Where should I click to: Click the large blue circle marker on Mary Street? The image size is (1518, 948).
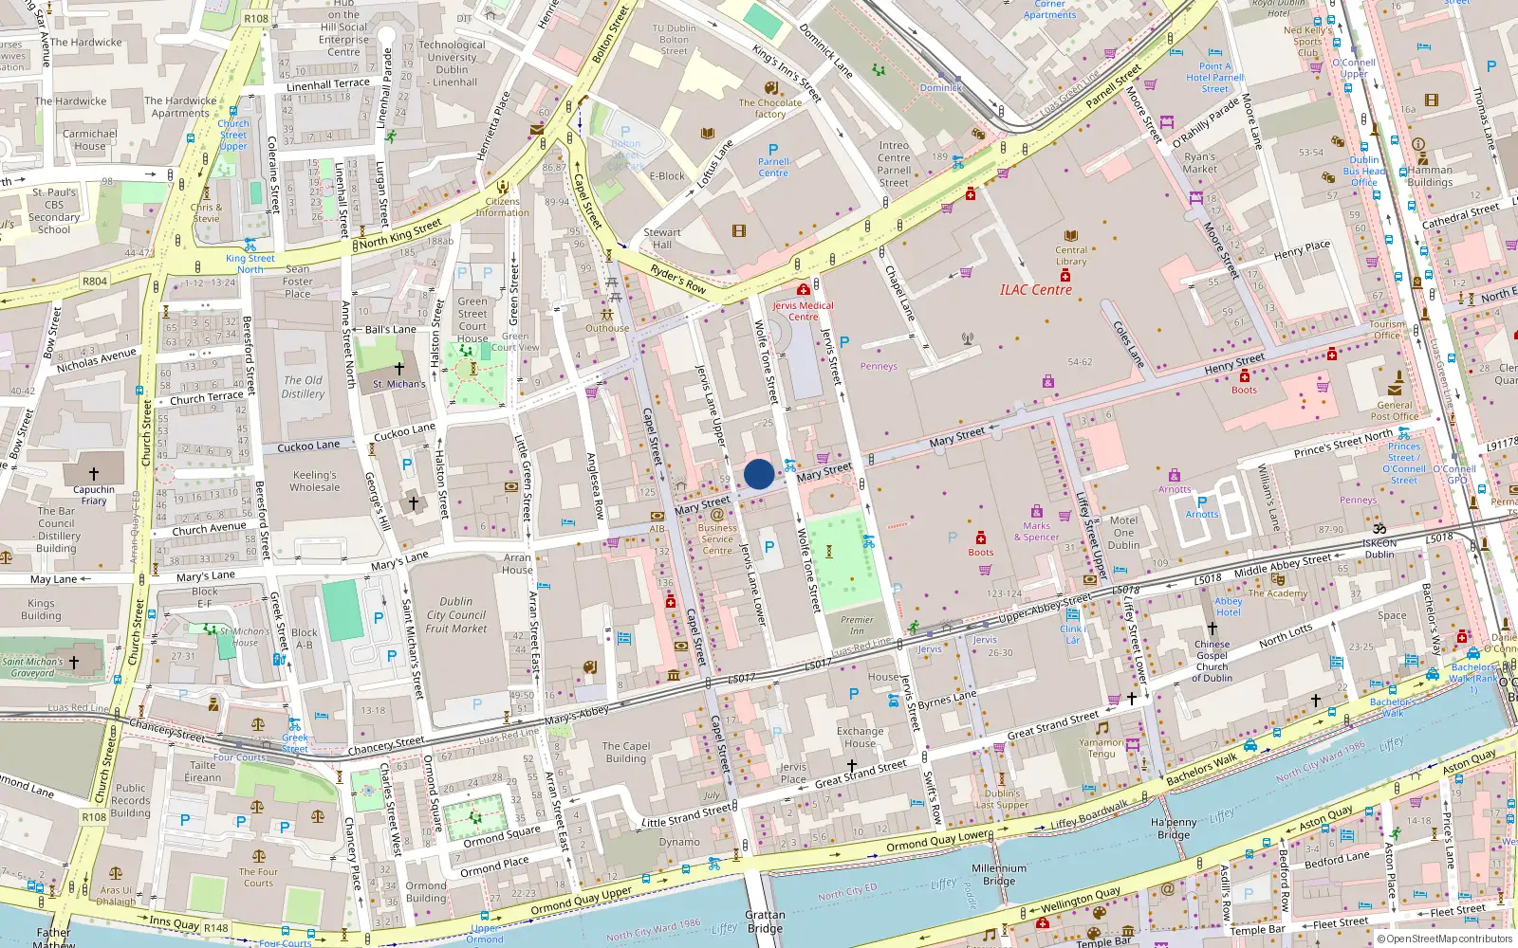click(x=759, y=474)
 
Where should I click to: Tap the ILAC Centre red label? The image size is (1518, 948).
click(x=1035, y=290)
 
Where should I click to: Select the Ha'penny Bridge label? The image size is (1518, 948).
click(x=1174, y=829)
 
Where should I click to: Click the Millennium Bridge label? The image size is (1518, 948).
click(x=998, y=874)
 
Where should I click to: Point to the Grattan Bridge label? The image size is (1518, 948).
click(x=765, y=921)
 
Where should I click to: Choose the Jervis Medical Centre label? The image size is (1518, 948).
click(x=803, y=311)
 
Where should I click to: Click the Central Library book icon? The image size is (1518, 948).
click(x=1071, y=236)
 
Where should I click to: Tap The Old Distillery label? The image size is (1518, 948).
click(x=303, y=387)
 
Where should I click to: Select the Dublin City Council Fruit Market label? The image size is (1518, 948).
click(x=456, y=614)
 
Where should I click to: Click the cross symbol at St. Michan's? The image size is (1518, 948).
click(x=399, y=368)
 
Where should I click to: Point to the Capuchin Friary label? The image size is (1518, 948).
click(x=94, y=495)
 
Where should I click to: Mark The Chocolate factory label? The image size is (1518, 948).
click(x=769, y=108)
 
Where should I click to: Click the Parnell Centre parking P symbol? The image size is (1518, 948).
click(x=773, y=150)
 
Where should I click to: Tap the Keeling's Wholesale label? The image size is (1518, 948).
click(x=315, y=481)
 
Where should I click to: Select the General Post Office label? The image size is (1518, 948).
click(x=1395, y=410)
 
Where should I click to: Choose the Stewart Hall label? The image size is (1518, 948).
click(x=662, y=238)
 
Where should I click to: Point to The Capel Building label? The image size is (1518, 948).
click(x=626, y=752)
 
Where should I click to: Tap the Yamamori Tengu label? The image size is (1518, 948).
click(x=1101, y=748)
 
